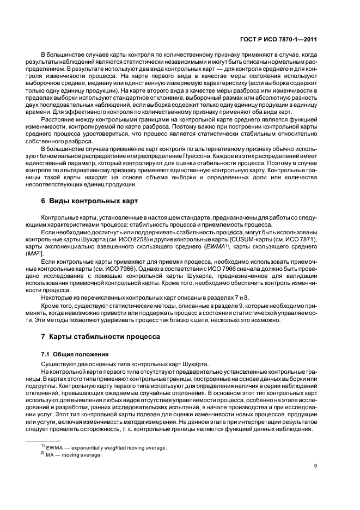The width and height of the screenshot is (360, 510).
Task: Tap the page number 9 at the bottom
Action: click(x=316, y=466)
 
